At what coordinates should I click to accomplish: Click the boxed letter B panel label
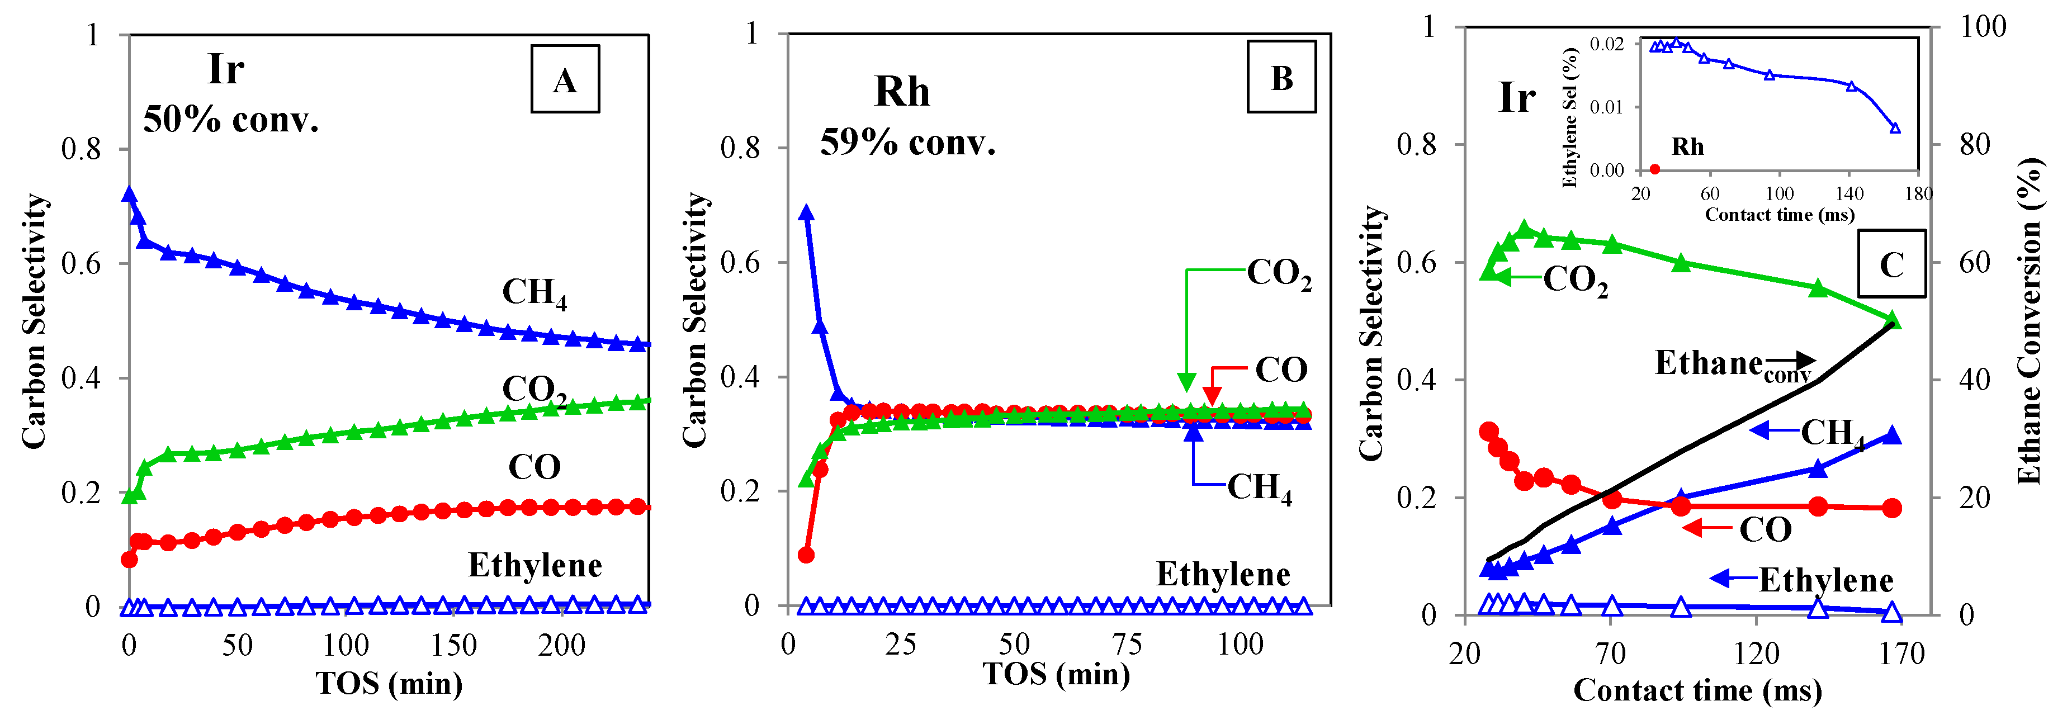pyautogui.click(x=1281, y=77)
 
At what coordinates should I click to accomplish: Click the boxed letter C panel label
pyautogui.click(x=1891, y=264)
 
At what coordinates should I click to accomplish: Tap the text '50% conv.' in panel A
pyautogui.click(x=231, y=120)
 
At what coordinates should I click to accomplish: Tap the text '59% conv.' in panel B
pyautogui.click(x=908, y=143)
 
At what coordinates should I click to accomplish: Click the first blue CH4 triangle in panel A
pyautogui.click(x=129, y=193)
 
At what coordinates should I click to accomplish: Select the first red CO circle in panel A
pyautogui.click(x=129, y=560)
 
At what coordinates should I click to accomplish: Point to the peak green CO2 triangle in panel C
pyautogui.click(x=1525, y=230)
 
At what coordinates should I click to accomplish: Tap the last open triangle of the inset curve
pyautogui.click(x=1895, y=127)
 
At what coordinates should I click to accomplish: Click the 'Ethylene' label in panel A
pyautogui.click(x=534, y=565)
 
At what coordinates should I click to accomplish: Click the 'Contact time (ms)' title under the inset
pyautogui.click(x=1779, y=215)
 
